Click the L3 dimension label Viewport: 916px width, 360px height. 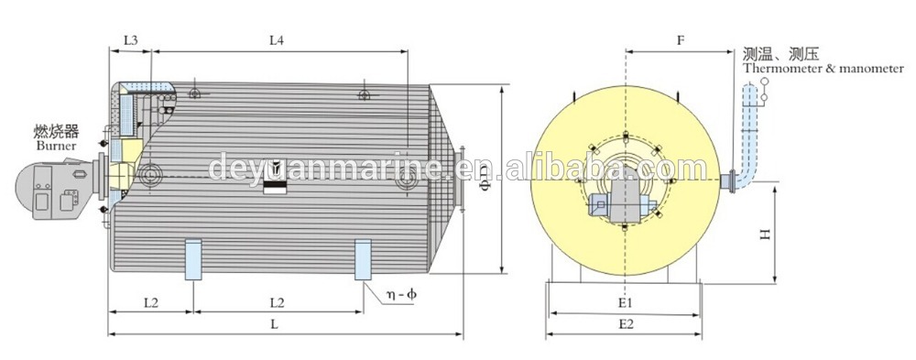point(130,40)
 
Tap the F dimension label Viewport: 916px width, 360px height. point(681,40)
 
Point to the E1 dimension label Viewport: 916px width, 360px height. point(626,303)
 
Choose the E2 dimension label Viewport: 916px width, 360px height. point(626,324)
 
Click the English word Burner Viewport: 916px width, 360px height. point(56,146)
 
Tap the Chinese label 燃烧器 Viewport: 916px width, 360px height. point(57,131)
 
